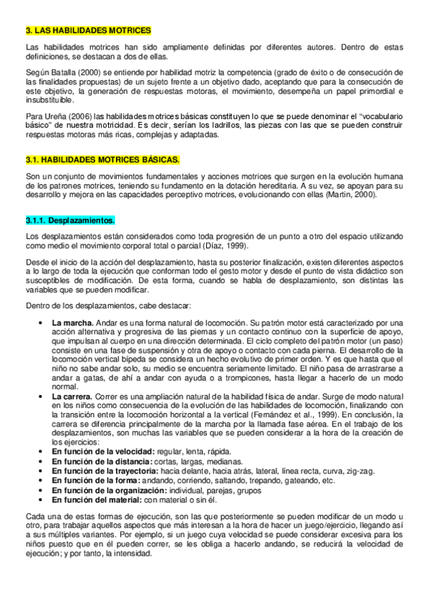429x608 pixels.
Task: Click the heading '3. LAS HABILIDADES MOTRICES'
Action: (x=87, y=32)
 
